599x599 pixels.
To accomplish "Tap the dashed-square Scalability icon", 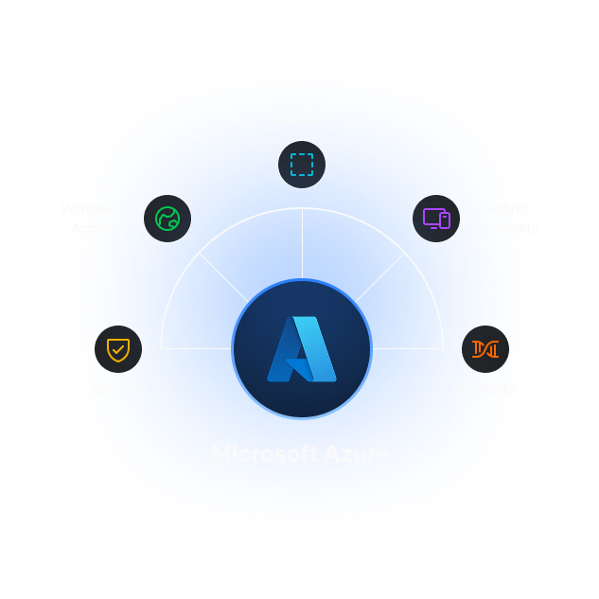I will pos(302,165).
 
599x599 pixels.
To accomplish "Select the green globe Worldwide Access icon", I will pos(167,219).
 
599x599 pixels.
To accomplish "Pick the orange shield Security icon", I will pos(118,349).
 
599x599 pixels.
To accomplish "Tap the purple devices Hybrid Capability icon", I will pos(436,219).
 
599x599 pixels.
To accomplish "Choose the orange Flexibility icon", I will pos(485,349).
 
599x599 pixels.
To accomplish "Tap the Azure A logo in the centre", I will pos(302,349).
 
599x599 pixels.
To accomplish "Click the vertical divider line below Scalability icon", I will pos(302,244).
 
